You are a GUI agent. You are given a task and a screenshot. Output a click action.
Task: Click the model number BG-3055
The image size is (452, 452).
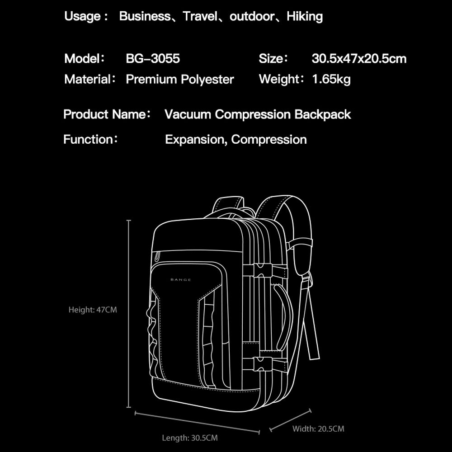153,59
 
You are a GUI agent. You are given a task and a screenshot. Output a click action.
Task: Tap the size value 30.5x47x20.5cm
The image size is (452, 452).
359,59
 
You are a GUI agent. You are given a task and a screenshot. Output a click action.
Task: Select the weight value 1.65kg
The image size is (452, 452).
331,80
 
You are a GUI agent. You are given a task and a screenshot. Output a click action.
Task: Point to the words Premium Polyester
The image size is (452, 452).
180,80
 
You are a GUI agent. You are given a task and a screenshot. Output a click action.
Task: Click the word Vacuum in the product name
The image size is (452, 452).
188,114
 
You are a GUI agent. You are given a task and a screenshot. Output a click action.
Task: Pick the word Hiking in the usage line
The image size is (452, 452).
305,17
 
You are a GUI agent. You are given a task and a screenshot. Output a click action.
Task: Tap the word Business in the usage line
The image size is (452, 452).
145,17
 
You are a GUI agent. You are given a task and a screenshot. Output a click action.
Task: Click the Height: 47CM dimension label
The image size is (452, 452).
93,310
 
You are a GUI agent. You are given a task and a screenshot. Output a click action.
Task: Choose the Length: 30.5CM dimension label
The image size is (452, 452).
190,438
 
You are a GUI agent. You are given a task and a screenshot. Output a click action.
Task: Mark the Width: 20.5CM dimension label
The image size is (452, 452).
318,428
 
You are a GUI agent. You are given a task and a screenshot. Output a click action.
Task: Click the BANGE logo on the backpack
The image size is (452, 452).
181,280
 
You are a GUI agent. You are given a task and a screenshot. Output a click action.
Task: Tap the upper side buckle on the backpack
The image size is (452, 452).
262,271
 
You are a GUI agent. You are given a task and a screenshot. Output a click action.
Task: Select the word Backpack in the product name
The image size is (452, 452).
323,114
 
